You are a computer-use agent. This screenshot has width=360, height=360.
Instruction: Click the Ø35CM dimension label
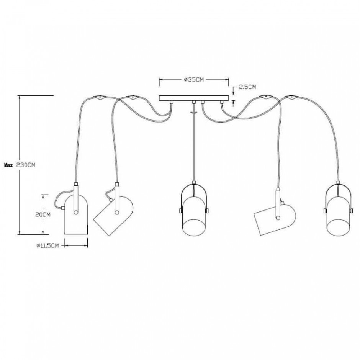click(194, 80)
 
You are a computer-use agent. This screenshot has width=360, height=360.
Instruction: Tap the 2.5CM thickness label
click(247, 87)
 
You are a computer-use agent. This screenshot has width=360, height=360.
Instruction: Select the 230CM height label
click(26, 165)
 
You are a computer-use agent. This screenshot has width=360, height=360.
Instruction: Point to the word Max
click(8, 165)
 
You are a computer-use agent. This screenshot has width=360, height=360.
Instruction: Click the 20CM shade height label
click(43, 215)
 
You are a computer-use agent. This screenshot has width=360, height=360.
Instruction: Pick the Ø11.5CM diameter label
click(47, 245)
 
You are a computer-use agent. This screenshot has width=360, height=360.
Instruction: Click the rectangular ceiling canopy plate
click(194, 98)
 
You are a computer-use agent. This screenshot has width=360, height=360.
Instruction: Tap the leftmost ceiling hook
click(100, 97)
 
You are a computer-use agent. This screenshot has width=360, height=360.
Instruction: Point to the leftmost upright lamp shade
click(76, 215)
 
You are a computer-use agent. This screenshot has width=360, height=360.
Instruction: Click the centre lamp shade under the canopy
click(194, 216)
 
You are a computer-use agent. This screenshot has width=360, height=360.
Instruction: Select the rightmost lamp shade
click(339, 216)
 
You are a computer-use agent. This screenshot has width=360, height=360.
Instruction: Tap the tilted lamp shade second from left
click(114, 216)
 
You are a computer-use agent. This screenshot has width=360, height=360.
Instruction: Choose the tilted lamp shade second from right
click(275, 219)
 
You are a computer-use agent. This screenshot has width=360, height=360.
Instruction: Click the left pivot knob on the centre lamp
click(181, 211)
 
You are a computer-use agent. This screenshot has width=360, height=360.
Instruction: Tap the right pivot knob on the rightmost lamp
click(351, 211)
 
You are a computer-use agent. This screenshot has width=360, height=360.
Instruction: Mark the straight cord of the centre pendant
click(194, 142)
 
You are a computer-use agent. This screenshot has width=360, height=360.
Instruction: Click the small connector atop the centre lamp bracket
click(194, 183)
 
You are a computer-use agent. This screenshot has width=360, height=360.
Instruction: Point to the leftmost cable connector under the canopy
click(171, 102)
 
